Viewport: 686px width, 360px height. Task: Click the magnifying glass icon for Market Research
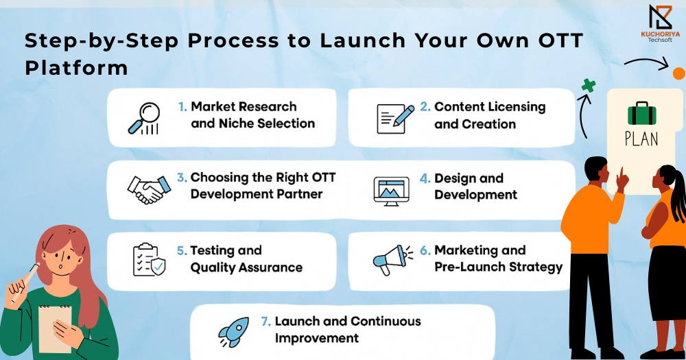144,118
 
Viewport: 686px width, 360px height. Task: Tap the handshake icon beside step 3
149,190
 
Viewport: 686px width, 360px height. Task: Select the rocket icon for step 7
234,332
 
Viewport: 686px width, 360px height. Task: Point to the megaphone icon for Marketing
392,260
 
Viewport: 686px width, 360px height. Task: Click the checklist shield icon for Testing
149,260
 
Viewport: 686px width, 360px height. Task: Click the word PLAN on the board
641,139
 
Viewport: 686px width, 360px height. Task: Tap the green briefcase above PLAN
642,113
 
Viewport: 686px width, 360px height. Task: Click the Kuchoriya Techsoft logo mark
660,18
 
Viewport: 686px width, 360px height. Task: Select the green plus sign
589,85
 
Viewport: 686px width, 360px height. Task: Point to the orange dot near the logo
679,73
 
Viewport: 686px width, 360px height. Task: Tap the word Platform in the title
76,68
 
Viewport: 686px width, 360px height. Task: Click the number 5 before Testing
181,251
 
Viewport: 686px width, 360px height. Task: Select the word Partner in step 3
300,194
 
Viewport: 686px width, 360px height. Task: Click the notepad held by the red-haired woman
55,328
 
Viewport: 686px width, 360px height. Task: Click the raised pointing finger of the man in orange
620,174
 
